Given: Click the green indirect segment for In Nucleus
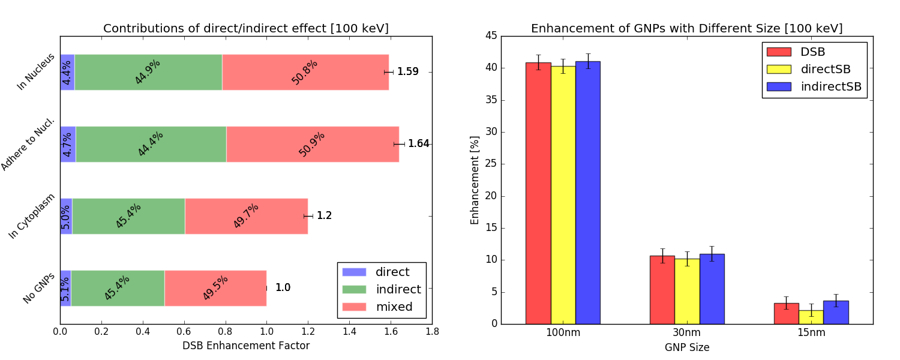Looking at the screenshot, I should pos(148,72).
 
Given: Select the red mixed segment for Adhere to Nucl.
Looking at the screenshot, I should pos(312,144).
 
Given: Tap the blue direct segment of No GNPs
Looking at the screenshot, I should pos(65,288).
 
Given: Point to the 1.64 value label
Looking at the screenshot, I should pos(418,144).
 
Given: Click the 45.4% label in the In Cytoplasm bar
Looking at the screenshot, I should pos(128,216).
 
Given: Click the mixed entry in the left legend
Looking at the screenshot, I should pos(394,307).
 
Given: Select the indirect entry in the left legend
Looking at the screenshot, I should pos(398,290).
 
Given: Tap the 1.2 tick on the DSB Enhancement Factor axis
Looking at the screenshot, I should pos(308,331).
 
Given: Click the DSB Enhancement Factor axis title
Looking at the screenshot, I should pos(245,346).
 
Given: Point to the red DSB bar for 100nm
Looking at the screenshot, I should pos(538,193).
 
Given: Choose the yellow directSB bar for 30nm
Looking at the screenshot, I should pos(687,291).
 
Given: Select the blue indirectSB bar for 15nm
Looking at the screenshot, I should pos(836,312).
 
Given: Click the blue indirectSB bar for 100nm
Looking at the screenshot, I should pos(588,192).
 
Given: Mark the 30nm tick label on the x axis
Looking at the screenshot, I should pos(687,331).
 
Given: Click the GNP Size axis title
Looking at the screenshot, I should pos(686,347).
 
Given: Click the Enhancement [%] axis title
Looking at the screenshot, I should pos(475,180).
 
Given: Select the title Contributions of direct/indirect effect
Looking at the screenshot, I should pos(246,29).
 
